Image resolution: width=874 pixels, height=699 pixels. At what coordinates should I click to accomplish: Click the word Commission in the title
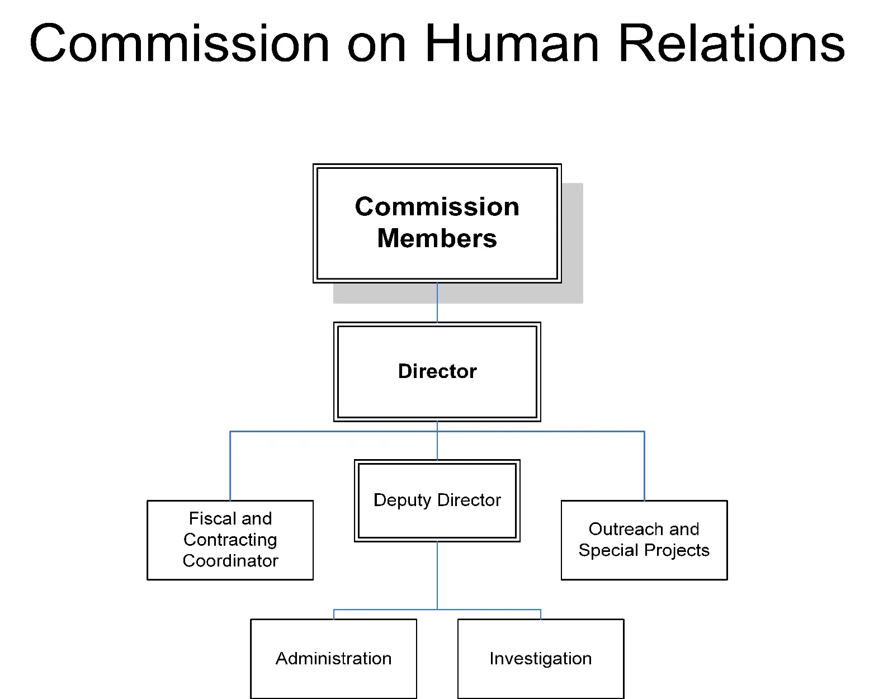point(179,44)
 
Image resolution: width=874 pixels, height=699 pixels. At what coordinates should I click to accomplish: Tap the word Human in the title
point(512,44)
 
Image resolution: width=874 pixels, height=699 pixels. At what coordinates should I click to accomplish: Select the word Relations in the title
point(731,44)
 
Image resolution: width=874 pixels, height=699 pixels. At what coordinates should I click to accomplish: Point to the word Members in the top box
point(437,239)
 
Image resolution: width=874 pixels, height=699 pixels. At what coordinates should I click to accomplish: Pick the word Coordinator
point(230,561)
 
